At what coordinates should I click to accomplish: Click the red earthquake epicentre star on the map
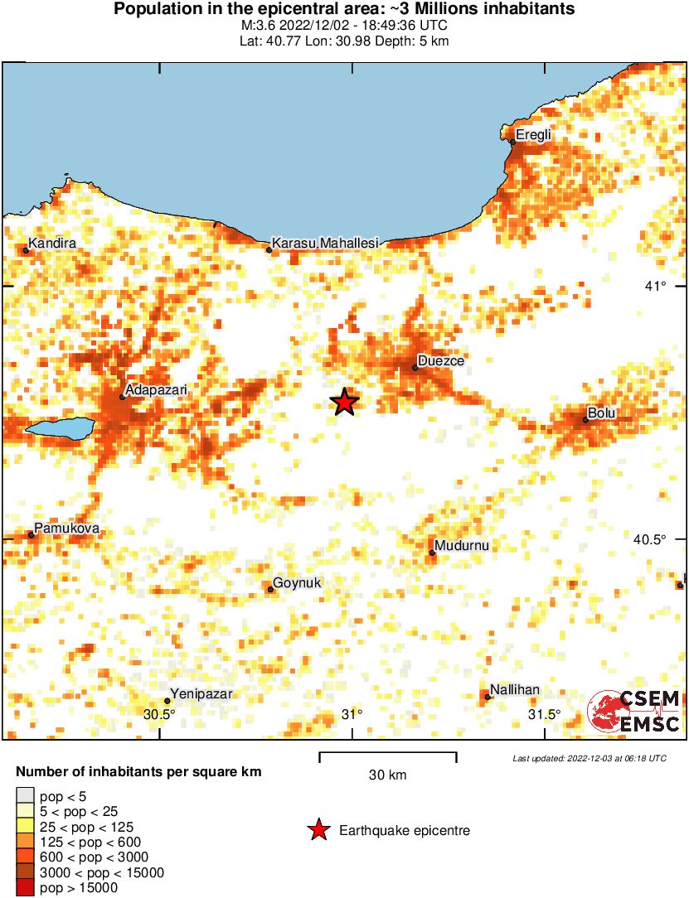tap(344, 403)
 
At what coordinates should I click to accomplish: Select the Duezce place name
tap(441, 361)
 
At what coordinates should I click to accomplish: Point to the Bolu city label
tap(602, 413)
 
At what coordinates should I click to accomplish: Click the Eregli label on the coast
tap(533, 135)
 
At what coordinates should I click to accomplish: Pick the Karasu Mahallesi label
tap(325, 243)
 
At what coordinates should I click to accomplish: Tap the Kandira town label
tap(53, 244)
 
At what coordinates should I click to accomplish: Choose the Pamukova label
tap(66, 528)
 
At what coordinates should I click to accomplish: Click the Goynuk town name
tap(297, 583)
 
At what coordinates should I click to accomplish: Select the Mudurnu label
tap(463, 546)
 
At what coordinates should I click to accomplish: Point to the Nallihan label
tap(515, 689)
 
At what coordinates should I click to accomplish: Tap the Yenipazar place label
tap(201, 694)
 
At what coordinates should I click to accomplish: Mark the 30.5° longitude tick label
tap(159, 714)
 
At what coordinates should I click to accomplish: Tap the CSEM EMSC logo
tap(634, 712)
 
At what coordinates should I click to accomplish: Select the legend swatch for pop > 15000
tap(25, 888)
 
